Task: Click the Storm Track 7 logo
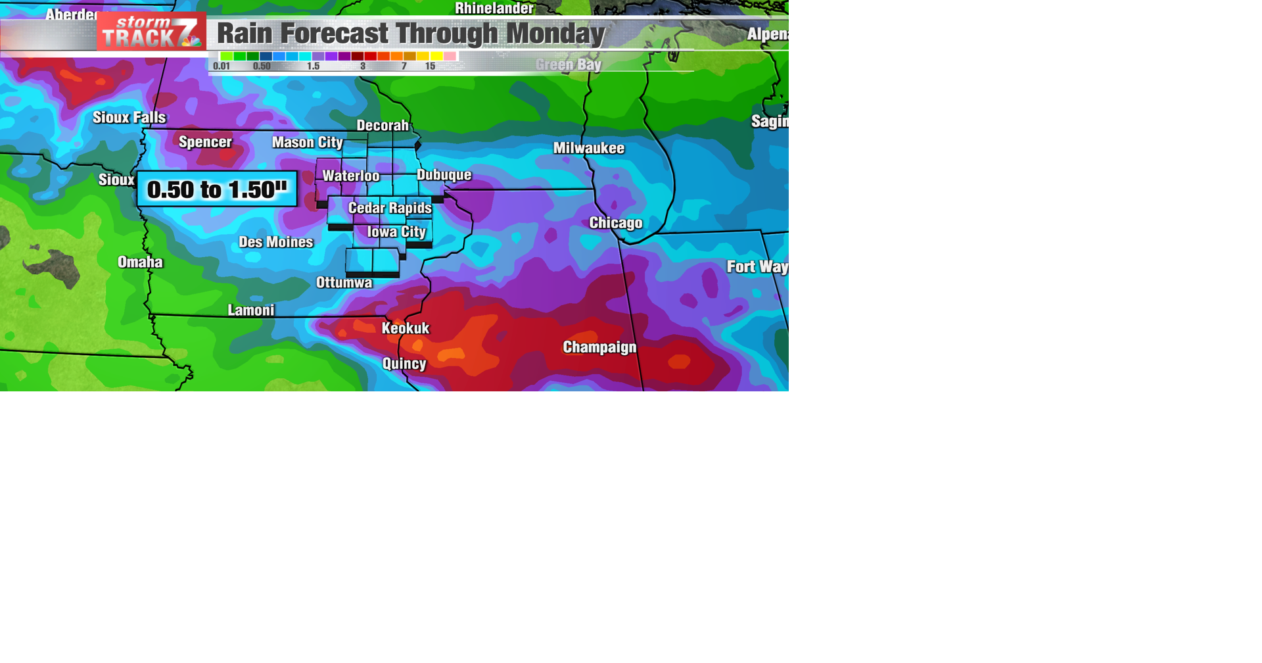click(151, 32)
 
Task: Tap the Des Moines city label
click(275, 242)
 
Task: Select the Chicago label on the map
click(615, 223)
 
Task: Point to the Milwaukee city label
click(588, 149)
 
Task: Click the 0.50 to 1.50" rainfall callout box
click(217, 189)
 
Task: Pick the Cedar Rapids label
click(390, 209)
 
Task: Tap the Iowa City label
click(396, 232)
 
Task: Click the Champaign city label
click(599, 347)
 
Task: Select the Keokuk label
click(406, 328)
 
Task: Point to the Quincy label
click(404, 364)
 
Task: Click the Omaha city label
click(140, 262)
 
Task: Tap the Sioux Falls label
click(129, 118)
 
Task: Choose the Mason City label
click(307, 143)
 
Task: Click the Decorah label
click(383, 126)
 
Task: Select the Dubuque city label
click(444, 175)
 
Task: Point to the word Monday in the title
click(555, 34)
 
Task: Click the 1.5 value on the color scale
click(314, 66)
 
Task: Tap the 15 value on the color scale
click(430, 66)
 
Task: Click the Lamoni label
click(251, 310)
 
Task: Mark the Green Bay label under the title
click(568, 64)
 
